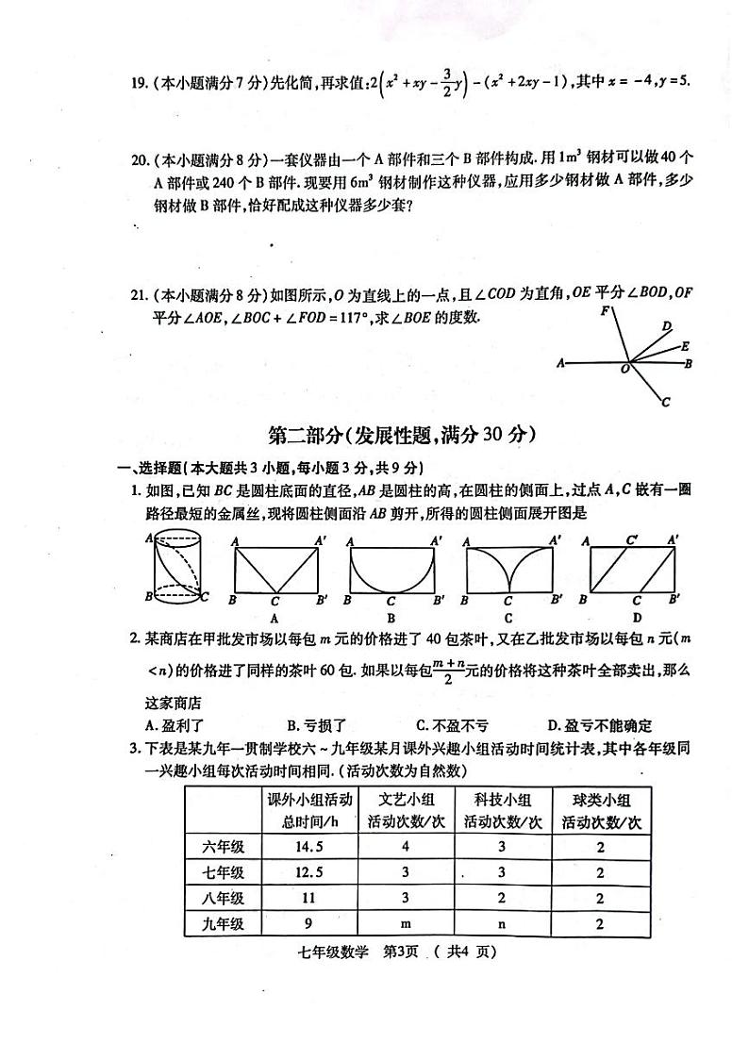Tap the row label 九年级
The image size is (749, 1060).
pyautogui.click(x=224, y=924)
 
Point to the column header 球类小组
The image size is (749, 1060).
pyautogui.click(x=600, y=799)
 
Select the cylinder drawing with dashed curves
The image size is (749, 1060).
pyautogui.click(x=176, y=569)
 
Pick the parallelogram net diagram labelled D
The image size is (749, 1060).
pyautogui.click(x=631, y=571)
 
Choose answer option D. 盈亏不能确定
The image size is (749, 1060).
pyautogui.click(x=599, y=725)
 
